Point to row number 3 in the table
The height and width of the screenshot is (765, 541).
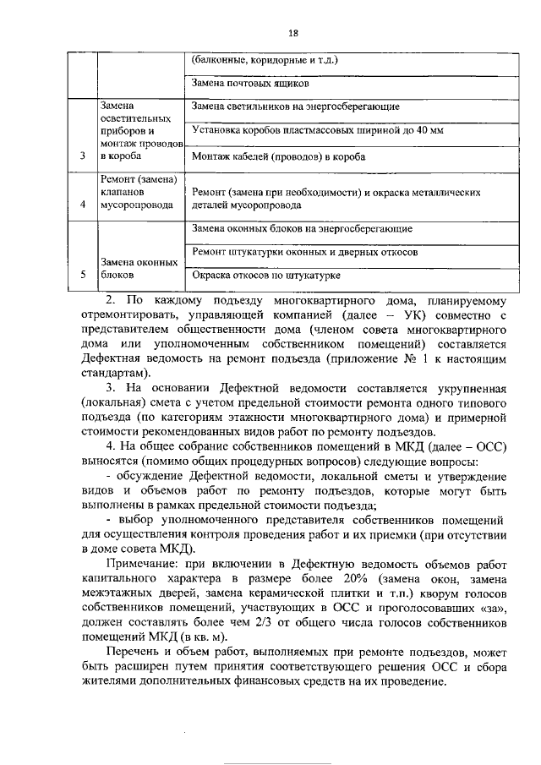82,156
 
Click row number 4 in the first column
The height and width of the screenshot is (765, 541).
82,205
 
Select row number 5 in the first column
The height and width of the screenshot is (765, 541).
82,275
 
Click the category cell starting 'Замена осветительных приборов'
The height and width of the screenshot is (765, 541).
137,131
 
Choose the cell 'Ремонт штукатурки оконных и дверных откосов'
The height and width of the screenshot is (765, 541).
302,252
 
